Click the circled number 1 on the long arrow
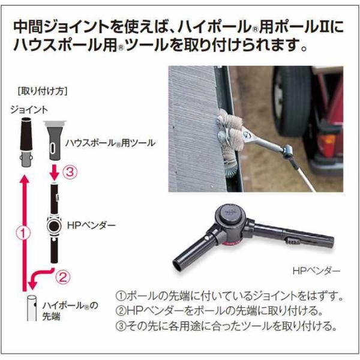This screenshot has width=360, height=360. click(23, 233)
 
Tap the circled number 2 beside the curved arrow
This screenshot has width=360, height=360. click(63, 277)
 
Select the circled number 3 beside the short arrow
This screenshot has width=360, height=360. click(70, 172)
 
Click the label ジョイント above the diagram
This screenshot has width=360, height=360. click(29, 110)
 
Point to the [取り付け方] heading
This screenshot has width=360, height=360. click(42, 91)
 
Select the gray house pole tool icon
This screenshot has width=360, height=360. click(54, 140)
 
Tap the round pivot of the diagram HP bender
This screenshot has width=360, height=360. click(54, 226)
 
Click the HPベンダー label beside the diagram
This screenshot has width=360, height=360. click(91, 226)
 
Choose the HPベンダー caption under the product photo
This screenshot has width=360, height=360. click(316, 271)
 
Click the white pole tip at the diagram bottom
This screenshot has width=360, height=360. click(32, 308)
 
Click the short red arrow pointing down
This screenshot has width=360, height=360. click(55, 172)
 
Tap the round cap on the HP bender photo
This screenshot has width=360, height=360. click(231, 212)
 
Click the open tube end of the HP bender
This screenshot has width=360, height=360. click(177, 266)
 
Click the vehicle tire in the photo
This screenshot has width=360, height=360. click(292, 101)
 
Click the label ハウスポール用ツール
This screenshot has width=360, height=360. click(110, 143)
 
